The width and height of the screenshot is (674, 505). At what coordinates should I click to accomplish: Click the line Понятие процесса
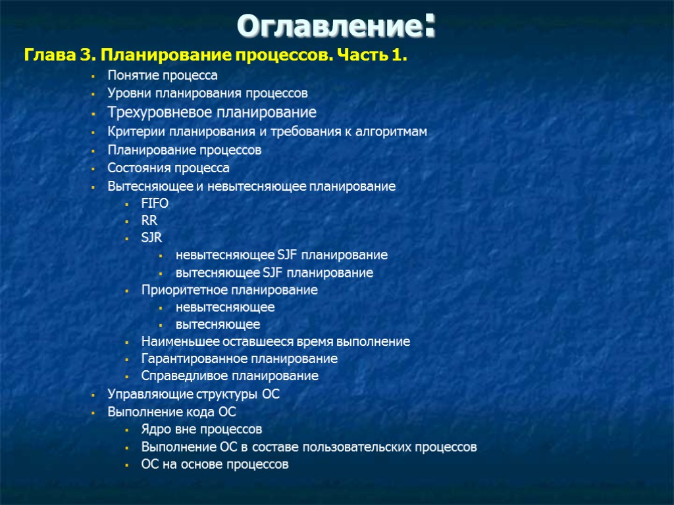(x=163, y=76)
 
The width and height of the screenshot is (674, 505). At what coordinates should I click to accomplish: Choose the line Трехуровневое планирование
(x=212, y=112)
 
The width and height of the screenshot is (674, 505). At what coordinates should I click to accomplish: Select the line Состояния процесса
(x=168, y=168)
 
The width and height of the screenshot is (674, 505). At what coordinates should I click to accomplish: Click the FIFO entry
(x=155, y=203)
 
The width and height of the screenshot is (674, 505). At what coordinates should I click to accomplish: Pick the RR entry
(x=149, y=220)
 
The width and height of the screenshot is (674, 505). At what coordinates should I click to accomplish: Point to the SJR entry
(x=151, y=237)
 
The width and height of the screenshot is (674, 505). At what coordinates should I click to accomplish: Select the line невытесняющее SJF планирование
(x=281, y=254)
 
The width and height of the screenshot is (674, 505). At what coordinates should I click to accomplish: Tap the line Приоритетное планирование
(x=229, y=290)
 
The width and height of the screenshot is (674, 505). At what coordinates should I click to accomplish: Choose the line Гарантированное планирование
(x=239, y=359)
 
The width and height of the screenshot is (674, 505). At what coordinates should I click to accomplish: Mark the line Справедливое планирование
(x=230, y=376)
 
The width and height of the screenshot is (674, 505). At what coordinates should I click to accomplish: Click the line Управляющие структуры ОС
(x=194, y=395)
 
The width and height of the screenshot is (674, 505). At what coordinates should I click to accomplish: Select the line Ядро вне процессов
(x=201, y=429)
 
